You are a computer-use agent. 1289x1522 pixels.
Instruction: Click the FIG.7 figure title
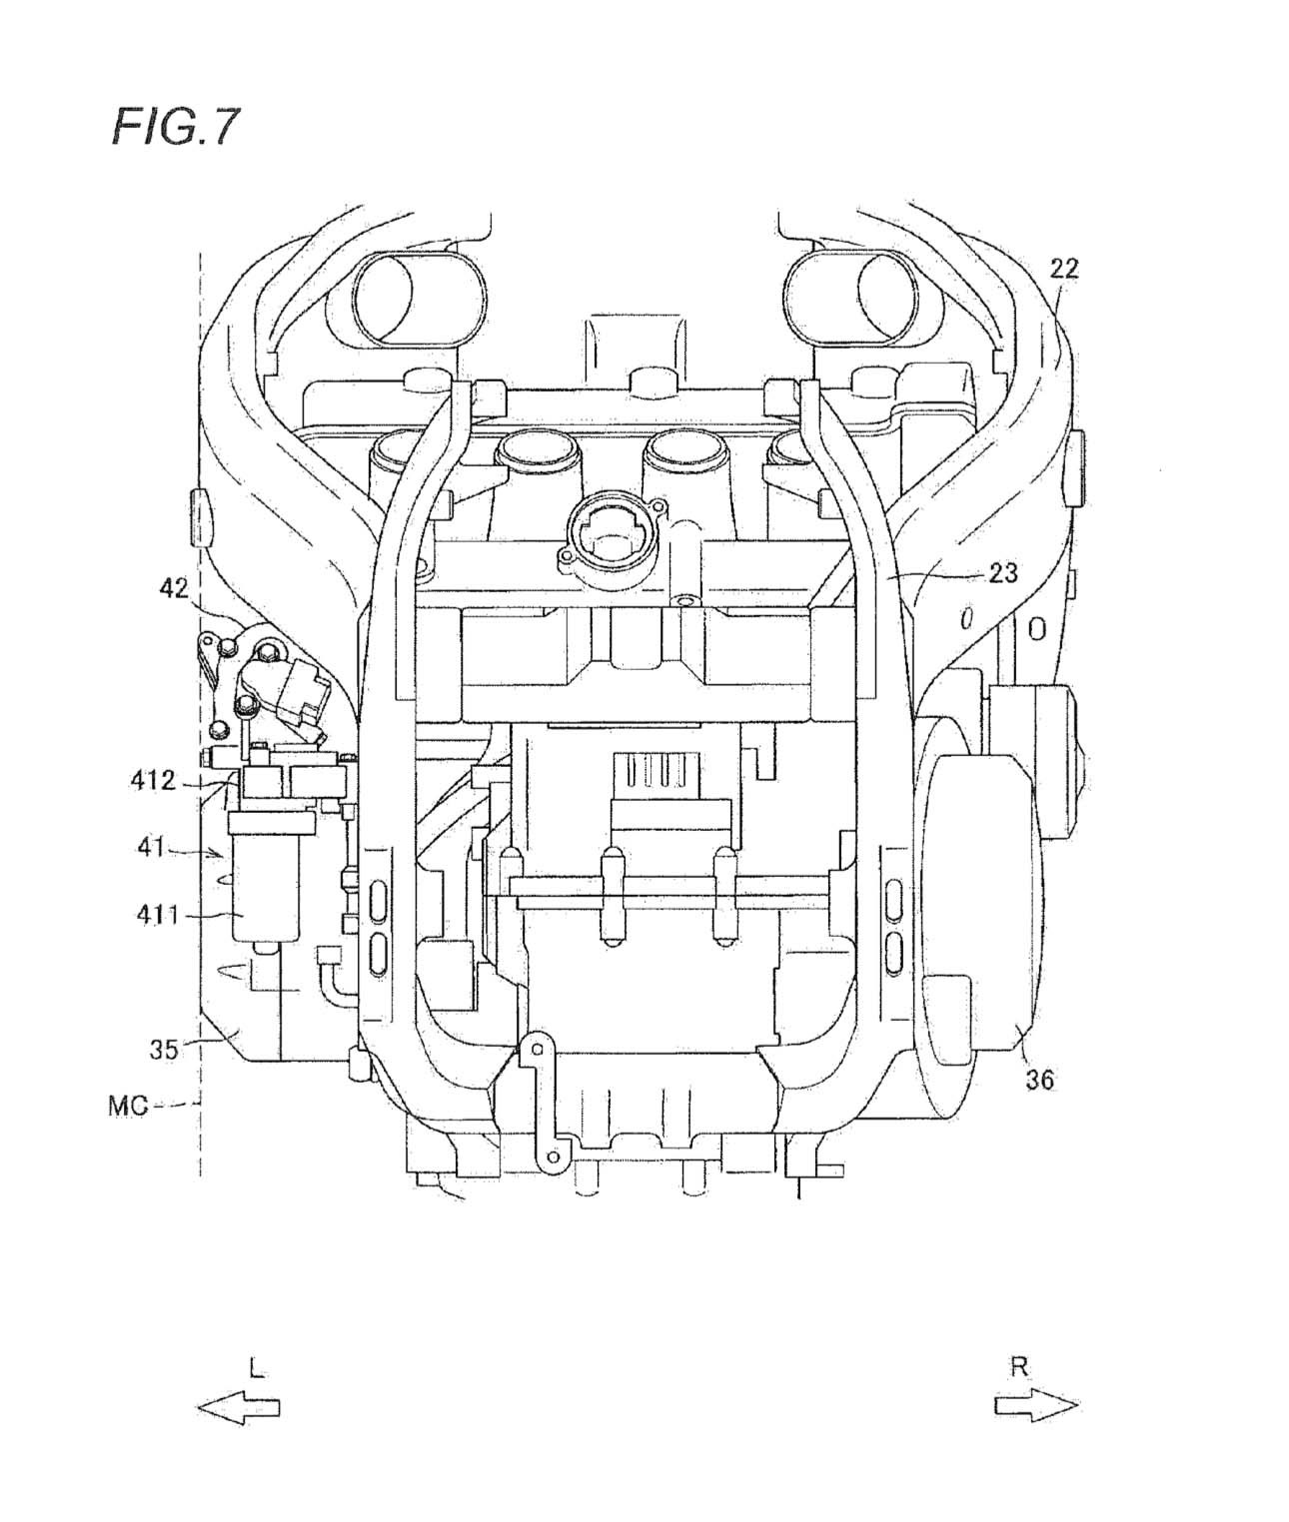pyautogui.click(x=175, y=127)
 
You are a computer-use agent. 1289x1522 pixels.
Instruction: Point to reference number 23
pyautogui.click(x=1002, y=572)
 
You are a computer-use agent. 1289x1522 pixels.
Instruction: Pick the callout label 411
pyautogui.click(x=158, y=915)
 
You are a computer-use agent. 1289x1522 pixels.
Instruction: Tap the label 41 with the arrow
pyautogui.click(x=151, y=848)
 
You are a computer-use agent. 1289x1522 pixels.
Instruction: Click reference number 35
pyautogui.click(x=164, y=1050)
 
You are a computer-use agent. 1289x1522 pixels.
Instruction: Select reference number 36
pyautogui.click(x=1038, y=1081)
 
